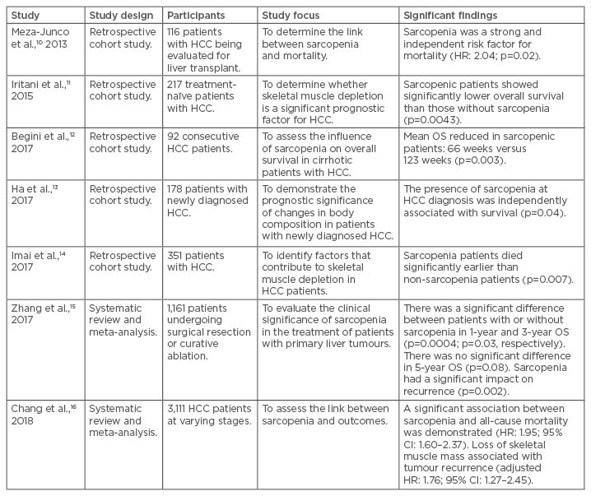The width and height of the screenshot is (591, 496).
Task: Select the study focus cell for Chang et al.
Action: tap(325, 415)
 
